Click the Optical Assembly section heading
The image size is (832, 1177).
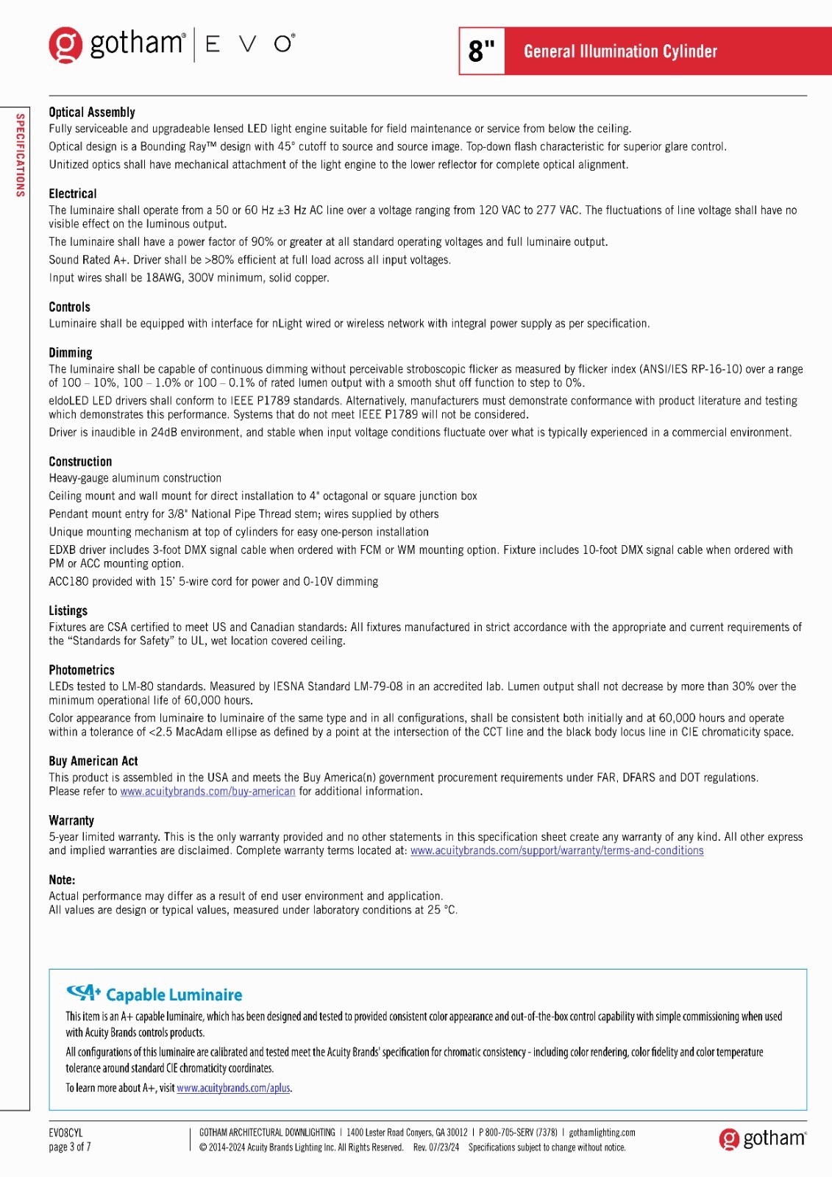click(92, 112)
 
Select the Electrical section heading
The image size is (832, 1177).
click(73, 193)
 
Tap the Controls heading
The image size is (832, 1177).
click(69, 307)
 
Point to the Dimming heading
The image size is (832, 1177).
click(71, 352)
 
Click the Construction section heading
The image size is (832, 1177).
click(80, 461)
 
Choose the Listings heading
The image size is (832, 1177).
click(68, 611)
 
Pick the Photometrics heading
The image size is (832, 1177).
click(82, 670)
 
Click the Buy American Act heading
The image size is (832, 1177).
click(93, 761)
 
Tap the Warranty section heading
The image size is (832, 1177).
click(71, 820)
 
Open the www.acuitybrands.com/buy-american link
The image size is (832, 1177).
click(207, 792)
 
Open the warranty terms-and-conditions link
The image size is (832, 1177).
click(557, 850)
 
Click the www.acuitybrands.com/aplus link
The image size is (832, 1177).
click(233, 1088)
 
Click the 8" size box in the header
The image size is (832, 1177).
click(482, 51)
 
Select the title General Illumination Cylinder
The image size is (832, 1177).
click(620, 51)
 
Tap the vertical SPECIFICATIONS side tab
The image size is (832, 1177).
click(21, 155)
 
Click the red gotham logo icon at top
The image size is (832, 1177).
click(65, 45)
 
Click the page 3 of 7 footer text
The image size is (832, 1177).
click(69, 1147)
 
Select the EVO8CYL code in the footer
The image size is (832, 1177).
click(65, 1133)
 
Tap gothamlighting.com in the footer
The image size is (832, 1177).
click(602, 1133)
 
